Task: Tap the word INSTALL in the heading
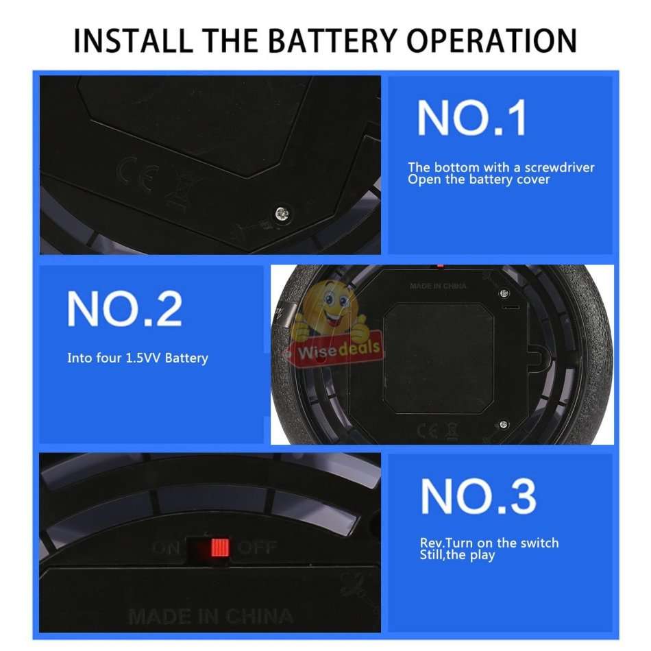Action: pos(133,40)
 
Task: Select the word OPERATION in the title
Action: pos(491,40)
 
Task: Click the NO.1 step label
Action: pos(471,117)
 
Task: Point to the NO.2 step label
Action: pos(125,308)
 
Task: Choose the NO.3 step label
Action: pos(478,495)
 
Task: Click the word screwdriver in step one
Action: pos(559,167)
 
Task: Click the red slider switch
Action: pos(220,548)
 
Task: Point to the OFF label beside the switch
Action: pos(256,548)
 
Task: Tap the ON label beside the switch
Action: pos(166,548)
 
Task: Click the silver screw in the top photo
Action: pos(282,213)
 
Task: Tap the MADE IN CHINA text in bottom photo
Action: pos(210,616)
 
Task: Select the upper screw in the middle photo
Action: pos(504,293)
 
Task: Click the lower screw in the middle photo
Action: pos(504,424)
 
